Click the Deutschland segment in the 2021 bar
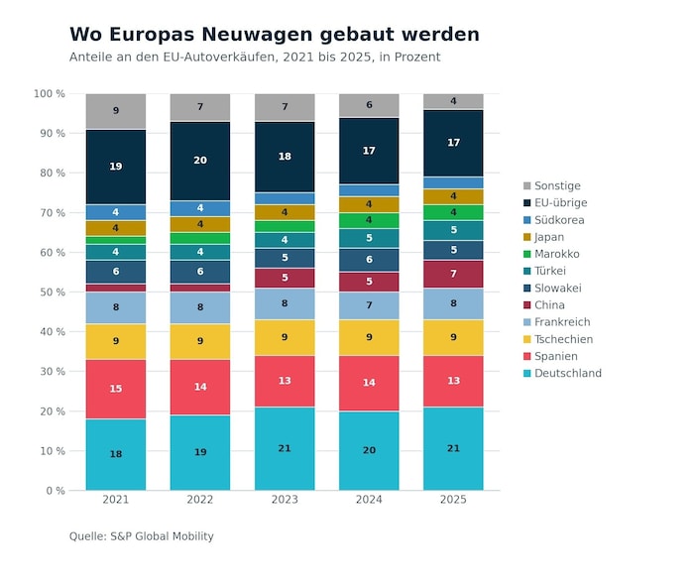[116, 454]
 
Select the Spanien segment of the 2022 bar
[200, 387]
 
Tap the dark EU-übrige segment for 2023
[285, 157]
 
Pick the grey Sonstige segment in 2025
[453, 101]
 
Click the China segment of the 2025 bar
[453, 274]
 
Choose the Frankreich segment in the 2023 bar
[285, 303]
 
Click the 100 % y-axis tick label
[50, 94]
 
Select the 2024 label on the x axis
[369, 500]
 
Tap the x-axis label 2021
[116, 500]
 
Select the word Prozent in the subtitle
[415, 58]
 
